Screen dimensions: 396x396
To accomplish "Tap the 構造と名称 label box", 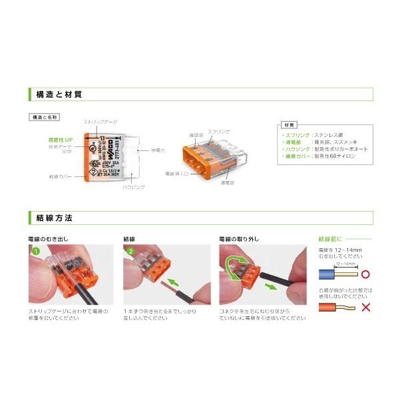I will pyautogui.click(x=45, y=116).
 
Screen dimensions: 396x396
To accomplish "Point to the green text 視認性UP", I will pyautogui.click(x=61, y=140).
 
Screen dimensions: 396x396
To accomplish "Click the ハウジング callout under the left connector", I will pyautogui.click(x=133, y=188).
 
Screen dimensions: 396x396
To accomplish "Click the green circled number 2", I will pyautogui.click(x=131, y=252).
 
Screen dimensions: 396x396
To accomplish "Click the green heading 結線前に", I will pyautogui.click(x=333, y=238).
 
